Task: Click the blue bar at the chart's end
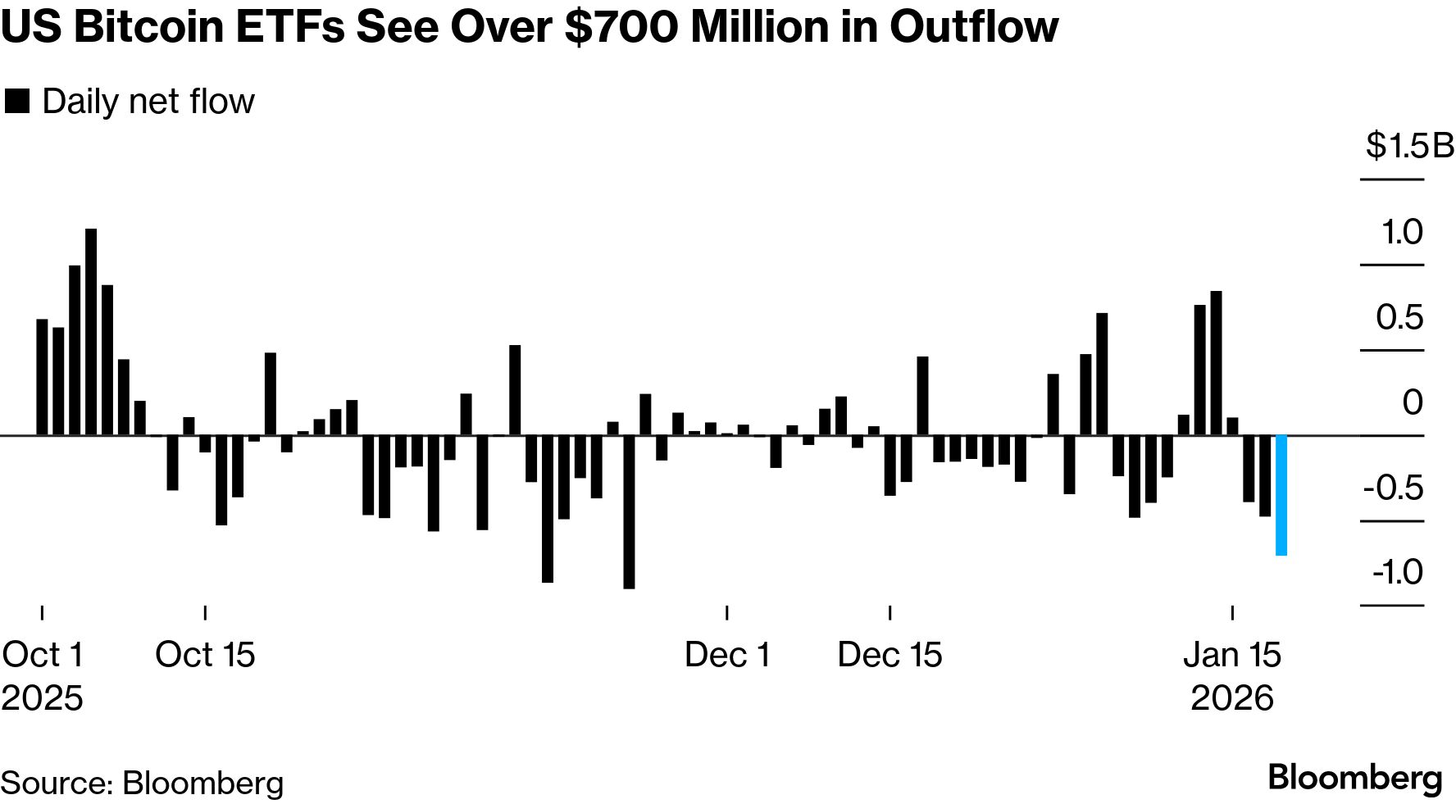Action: click(x=1281, y=495)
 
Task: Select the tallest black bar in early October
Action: click(x=91, y=332)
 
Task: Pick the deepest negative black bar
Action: click(x=629, y=511)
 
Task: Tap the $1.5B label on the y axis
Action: click(x=1408, y=146)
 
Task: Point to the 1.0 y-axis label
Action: click(x=1402, y=232)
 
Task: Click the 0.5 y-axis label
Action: click(x=1399, y=317)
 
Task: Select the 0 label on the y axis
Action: click(x=1412, y=402)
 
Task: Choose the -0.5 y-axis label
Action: click(x=1393, y=488)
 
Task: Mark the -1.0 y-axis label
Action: click(x=1397, y=572)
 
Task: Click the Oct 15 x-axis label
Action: click(x=205, y=655)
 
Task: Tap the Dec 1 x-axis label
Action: click(x=727, y=655)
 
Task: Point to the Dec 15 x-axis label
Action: click(x=890, y=655)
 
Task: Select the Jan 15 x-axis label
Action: click(x=1231, y=655)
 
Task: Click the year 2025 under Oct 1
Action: click(x=43, y=698)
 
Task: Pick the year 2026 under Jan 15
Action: click(x=1231, y=698)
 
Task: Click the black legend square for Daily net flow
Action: click(x=16, y=102)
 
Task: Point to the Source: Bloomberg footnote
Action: click(x=142, y=783)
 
